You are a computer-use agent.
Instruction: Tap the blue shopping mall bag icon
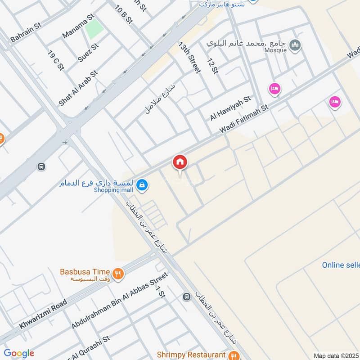pos(142,184)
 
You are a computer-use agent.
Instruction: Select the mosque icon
pos(295,45)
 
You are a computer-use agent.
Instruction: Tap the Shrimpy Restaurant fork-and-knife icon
pos(233,355)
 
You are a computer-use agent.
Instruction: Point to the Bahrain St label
pos(26,32)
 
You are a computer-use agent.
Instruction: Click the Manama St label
pos(78,26)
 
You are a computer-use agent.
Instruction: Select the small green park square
pos(94,29)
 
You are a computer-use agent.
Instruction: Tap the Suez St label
pos(88,53)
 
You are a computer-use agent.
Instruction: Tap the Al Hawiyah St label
pos(230,108)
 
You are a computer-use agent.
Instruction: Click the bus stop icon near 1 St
pos(186,297)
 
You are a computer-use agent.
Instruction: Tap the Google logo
pos(18,353)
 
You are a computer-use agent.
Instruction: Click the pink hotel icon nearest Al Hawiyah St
pos(274,89)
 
